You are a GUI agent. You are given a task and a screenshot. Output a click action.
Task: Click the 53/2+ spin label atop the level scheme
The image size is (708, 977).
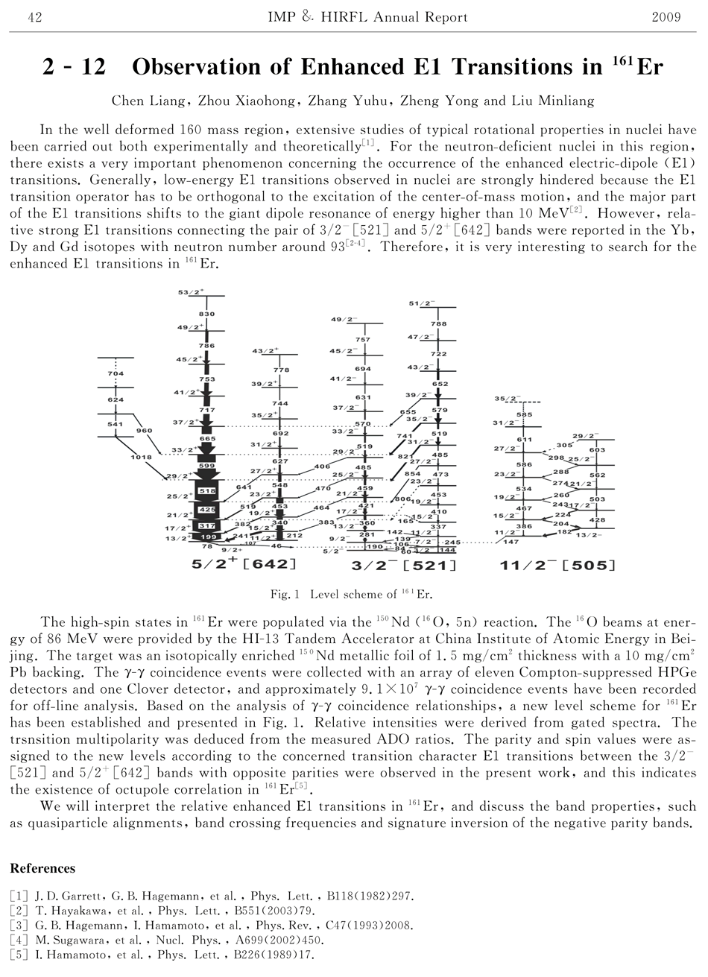[x=192, y=293]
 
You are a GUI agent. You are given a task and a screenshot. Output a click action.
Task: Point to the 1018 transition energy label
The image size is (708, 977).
[x=141, y=457]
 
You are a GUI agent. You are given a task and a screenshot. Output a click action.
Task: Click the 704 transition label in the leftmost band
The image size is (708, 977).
[x=116, y=373]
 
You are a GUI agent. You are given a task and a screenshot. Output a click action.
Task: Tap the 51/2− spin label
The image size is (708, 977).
[x=421, y=303]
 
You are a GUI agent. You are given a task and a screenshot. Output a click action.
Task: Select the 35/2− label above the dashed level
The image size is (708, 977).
[x=508, y=399]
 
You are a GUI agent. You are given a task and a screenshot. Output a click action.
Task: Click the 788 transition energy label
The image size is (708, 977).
[x=438, y=324]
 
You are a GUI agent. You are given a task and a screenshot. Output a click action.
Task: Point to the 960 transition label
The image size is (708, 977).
[x=144, y=430]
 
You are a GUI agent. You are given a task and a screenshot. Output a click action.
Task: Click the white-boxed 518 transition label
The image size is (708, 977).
[x=207, y=492]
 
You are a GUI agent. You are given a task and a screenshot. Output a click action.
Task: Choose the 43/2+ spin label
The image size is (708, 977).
[x=265, y=350]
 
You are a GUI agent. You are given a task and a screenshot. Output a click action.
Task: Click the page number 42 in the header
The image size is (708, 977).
[x=34, y=17]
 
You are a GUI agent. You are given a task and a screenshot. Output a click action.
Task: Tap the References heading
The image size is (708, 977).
[x=42, y=868]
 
